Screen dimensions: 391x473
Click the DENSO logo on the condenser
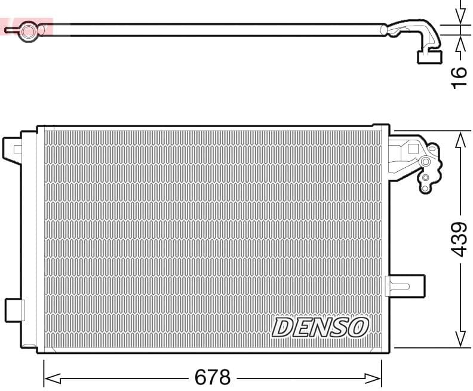tap(320, 327)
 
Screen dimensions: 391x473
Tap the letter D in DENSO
tap(283, 327)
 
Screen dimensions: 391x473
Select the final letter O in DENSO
tap(357, 327)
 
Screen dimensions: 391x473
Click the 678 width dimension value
tap(213, 377)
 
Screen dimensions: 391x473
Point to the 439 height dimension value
tap(459, 239)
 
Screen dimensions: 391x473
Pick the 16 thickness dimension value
tap(459, 77)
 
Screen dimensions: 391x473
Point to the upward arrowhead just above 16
tap(460, 44)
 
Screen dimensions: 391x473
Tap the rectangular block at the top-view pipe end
tap(429, 57)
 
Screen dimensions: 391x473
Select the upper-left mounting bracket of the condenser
tap(12, 149)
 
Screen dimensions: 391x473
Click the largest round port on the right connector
tap(425, 162)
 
